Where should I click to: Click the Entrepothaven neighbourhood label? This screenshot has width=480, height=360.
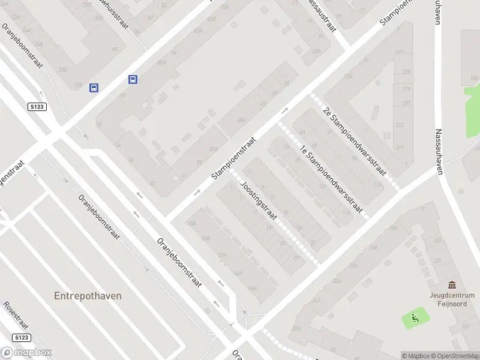click(88, 296)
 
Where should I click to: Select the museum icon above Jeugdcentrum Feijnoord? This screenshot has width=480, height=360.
click(451, 286)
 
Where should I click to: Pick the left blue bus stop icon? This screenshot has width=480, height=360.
click(94, 88)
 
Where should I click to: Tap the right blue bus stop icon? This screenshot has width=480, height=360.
click(133, 79)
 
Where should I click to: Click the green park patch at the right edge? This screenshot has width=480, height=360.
click(473, 100)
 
